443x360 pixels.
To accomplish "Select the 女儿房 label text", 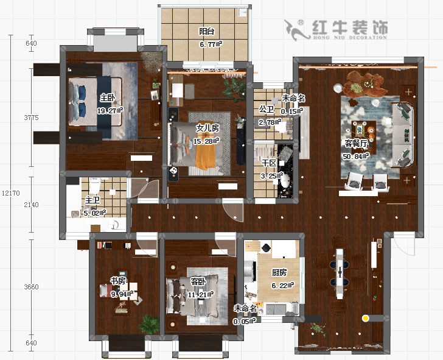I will [207, 129].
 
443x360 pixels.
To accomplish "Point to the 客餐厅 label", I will [356, 144].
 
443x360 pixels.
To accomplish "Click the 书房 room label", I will [118, 280].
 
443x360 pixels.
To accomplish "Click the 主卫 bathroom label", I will [92, 200].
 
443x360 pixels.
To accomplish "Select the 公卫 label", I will [267, 109].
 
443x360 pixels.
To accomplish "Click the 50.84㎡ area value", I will [356, 156].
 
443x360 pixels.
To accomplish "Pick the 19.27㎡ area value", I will [110, 111].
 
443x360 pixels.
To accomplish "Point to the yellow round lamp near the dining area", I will [365, 318].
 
